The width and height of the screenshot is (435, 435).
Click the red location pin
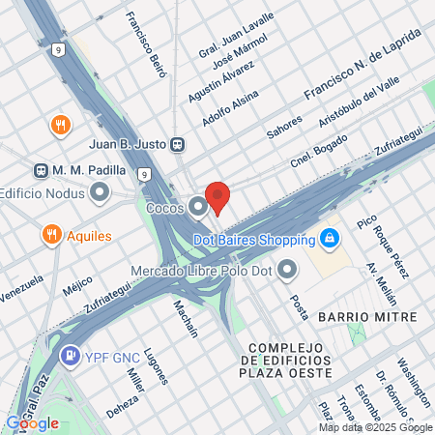[x=217, y=196]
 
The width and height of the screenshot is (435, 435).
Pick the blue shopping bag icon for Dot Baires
[x=330, y=238]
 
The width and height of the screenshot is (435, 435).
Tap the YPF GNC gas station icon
[x=71, y=356]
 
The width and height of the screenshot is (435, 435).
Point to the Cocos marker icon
[x=198, y=206]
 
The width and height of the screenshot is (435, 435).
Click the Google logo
[x=32, y=422]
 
